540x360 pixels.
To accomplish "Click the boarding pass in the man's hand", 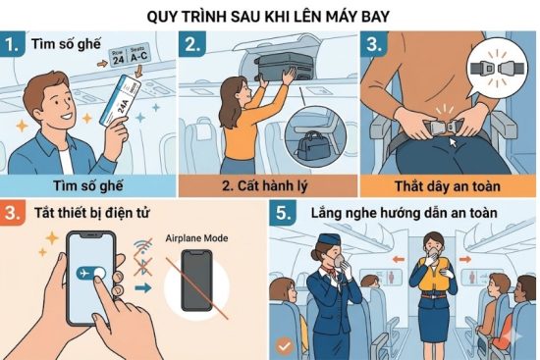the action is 120,100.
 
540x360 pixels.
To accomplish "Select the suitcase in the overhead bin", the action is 285,67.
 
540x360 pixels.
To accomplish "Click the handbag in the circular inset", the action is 313,147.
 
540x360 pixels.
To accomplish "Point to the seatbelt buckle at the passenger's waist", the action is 442,128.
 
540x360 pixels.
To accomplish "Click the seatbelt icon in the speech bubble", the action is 497,68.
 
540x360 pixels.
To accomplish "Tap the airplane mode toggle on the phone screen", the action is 91,274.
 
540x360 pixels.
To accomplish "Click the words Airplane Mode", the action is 196,238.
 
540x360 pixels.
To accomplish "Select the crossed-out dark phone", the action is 196,280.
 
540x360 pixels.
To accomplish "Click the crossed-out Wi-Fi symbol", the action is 143,247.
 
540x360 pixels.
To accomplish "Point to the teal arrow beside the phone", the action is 143,287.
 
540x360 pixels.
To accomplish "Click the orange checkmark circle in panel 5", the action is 284,346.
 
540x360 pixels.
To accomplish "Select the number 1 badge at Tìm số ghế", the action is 13,44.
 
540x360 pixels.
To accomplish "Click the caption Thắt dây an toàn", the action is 447,186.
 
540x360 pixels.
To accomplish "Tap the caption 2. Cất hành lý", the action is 264,185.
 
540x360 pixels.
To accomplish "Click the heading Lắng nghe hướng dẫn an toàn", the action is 404,213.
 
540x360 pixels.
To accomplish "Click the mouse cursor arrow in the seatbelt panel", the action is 453,142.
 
